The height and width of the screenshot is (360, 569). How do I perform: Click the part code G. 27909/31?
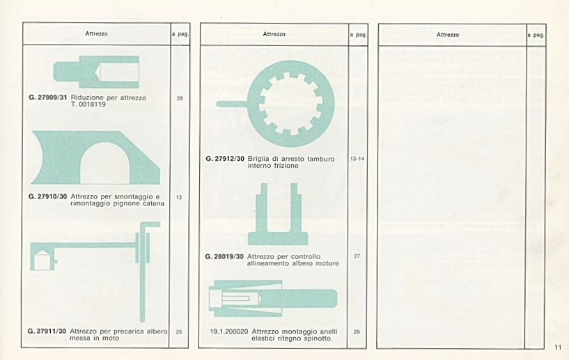pos(48,97)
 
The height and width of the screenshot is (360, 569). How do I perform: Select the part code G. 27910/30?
pos(48,196)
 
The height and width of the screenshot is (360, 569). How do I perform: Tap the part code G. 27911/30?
pos(47,331)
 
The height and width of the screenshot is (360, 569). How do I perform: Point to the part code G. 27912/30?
pos(225,159)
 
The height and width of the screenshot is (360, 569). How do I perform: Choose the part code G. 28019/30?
pos(224,256)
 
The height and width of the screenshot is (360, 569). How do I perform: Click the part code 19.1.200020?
pos(229,331)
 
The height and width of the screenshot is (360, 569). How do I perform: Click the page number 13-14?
pos(357,159)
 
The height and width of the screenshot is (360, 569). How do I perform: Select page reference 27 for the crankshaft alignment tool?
pos(357,256)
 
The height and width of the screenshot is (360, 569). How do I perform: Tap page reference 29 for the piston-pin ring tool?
pos(357,332)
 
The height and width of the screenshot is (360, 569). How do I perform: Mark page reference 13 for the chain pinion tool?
pos(179,198)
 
